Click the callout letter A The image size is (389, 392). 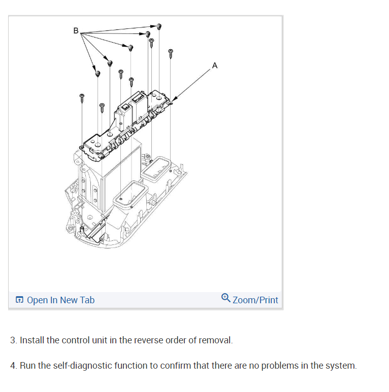coord(215,65)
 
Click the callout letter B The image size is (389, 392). coord(76,30)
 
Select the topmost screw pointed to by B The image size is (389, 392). coord(159,26)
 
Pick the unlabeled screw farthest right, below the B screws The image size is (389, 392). coord(171,52)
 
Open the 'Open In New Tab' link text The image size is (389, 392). coord(60,300)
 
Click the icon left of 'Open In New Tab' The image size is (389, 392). coord(19,300)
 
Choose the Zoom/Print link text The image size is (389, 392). coord(255,300)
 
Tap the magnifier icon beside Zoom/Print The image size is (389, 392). coord(226,299)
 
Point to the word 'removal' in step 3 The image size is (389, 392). coord(216,340)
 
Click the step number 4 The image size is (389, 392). coord(13,366)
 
